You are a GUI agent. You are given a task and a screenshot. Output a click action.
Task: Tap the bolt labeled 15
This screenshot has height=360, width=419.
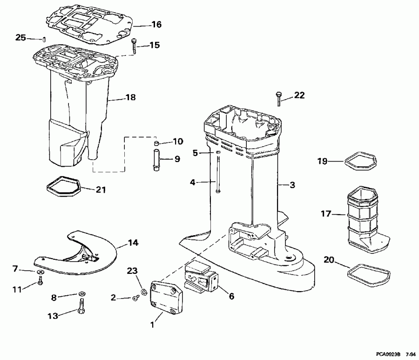point(134,46)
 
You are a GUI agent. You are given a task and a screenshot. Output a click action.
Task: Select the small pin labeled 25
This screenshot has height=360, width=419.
point(43,39)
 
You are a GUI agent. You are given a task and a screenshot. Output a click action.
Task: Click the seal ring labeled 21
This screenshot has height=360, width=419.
point(64,188)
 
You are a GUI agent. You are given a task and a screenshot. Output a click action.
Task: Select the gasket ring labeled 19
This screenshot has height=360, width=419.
point(359,161)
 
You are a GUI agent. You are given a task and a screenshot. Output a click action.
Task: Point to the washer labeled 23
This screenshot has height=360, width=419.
point(143,292)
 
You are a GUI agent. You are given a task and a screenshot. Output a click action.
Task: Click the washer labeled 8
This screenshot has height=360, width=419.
point(81,293)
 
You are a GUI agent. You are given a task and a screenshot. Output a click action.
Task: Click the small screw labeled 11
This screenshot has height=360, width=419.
point(41,281)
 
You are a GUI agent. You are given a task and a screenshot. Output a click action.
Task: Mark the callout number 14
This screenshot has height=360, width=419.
point(133,243)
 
